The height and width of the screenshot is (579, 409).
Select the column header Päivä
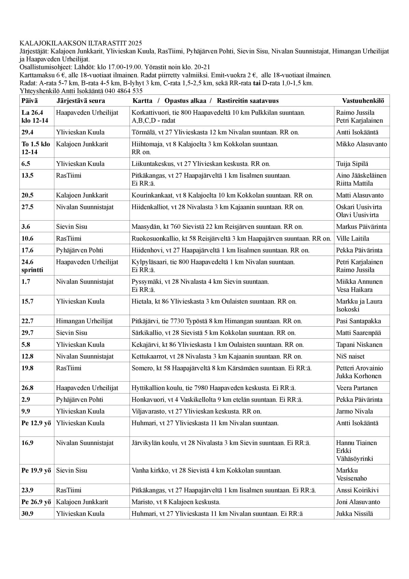point(30,101)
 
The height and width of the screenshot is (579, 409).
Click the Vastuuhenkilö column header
point(363,101)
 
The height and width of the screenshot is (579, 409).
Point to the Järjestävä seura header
point(80,101)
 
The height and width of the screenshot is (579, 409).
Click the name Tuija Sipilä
point(352,164)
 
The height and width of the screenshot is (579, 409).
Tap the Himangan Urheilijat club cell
point(84,321)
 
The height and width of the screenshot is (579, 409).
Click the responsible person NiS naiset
point(350,356)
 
